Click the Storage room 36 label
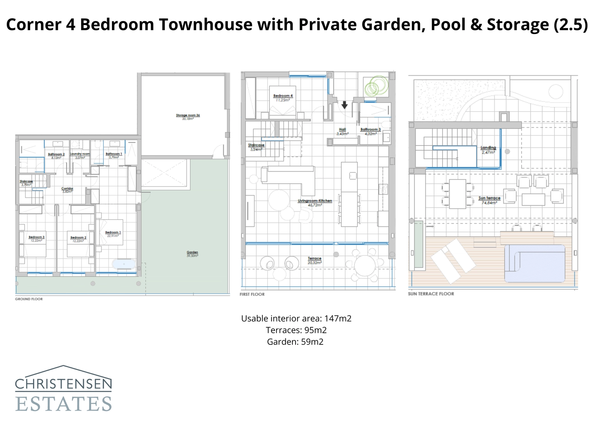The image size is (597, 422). point(188,115)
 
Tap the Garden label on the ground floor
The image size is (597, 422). point(192,253)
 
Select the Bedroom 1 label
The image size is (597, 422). point(113,232)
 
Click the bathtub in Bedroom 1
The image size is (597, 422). point(124,264)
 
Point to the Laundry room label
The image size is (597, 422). point(80,154)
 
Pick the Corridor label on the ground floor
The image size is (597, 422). point(67,189)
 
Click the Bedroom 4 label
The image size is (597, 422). point(283,96)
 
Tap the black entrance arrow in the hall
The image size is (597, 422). point(344,105)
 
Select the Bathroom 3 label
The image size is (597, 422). point(371,129)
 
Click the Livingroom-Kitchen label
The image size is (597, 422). point(315,201)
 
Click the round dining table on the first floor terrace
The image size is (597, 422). point(365,265)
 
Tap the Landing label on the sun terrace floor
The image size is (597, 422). point(488,148)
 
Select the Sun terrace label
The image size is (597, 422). point(489,198)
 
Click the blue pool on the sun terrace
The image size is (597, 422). point(535,263)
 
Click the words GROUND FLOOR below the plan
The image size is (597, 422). point(29,299)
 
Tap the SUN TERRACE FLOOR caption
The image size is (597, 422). point(431,294)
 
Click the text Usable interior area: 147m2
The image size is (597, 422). point(296,318)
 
